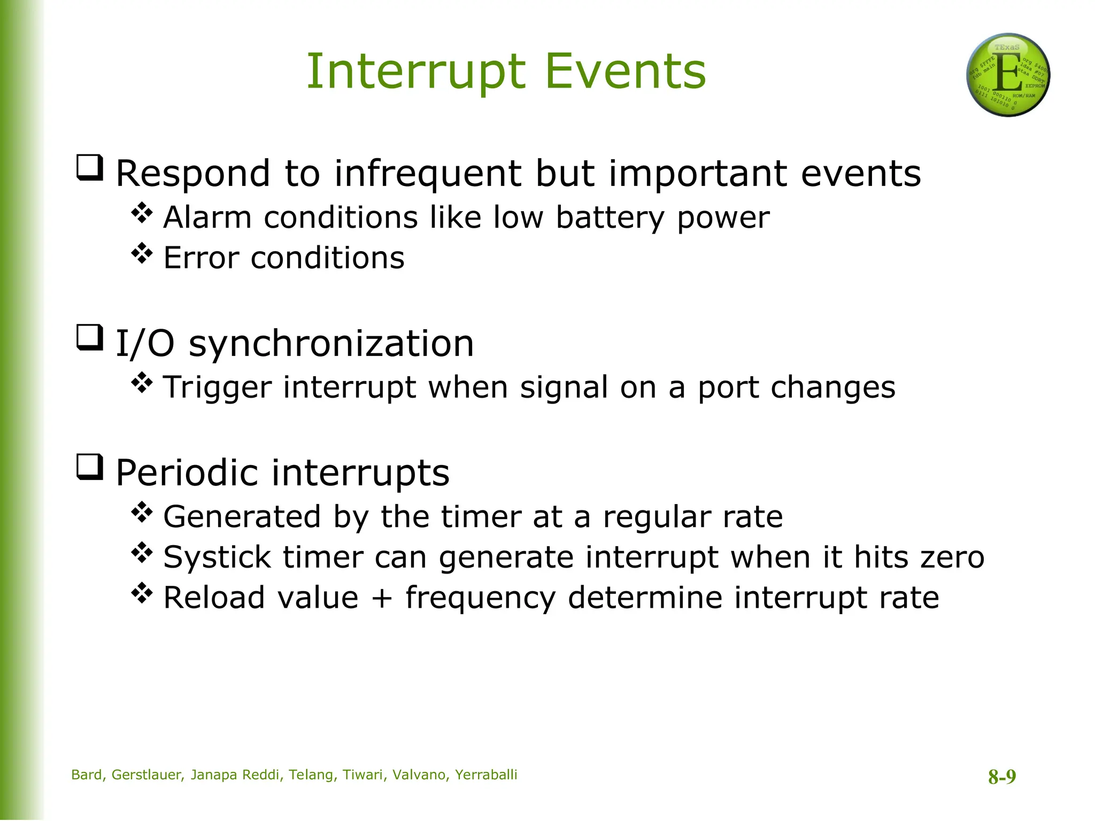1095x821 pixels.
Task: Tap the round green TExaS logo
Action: [1008, 75]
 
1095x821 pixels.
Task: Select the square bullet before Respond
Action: [89, 168]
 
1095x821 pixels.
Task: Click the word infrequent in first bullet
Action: [428, 174]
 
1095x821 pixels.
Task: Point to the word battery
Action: [610, 218]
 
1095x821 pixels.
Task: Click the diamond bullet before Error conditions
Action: [142, 253]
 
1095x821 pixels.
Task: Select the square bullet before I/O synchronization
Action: [89, 338]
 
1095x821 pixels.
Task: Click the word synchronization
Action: [331, 344]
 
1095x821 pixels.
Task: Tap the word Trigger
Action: [217, 388]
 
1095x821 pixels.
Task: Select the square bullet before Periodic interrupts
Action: [89, 467]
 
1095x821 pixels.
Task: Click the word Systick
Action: [217, 557]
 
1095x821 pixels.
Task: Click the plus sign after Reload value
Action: [382, 598]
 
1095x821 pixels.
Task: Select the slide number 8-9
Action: [1002, 777]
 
